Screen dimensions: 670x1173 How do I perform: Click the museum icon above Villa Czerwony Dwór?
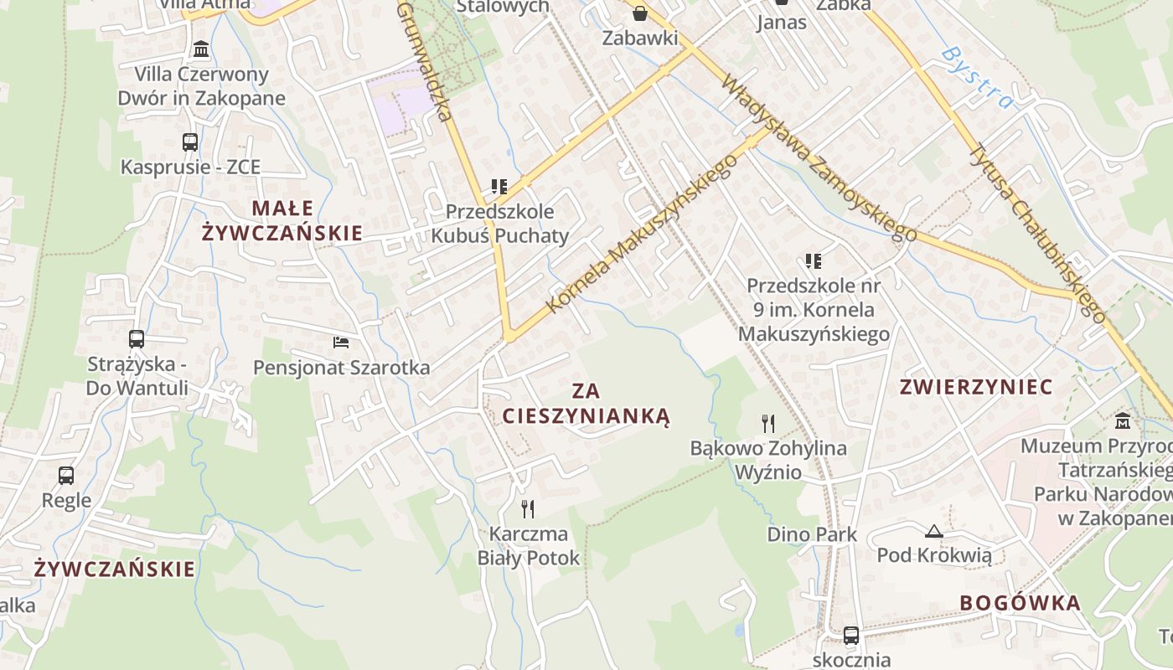[201, 49]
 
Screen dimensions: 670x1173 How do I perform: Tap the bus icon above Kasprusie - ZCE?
[190, 142]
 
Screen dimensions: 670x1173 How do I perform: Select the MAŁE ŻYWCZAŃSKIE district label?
[282, 220]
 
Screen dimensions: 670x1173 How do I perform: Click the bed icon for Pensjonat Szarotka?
[341, 343]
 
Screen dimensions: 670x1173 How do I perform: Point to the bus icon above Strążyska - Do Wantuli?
[137, 339]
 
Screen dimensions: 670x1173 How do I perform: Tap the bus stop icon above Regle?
[66, 476]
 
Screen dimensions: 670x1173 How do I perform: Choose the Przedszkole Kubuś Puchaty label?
[499, 224]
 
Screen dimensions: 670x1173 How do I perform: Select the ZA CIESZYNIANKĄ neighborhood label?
[586, 404]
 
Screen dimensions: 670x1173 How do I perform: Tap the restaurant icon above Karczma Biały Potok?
[528, 508]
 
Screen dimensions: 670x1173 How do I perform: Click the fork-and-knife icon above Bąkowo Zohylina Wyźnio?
[767, 423]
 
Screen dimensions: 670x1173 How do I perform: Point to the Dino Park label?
[812, 534]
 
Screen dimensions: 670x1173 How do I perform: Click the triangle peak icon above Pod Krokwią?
[933, 531]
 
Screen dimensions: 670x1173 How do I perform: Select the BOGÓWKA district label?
[1020, 603]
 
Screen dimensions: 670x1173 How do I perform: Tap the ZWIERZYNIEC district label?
[975, 387]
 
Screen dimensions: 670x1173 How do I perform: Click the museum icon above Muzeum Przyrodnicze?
[1123, 420]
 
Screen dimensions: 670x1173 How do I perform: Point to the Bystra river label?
[977, 77]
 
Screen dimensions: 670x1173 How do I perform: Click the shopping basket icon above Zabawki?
[640, 13]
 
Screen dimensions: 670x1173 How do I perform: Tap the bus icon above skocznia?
[851, 635]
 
